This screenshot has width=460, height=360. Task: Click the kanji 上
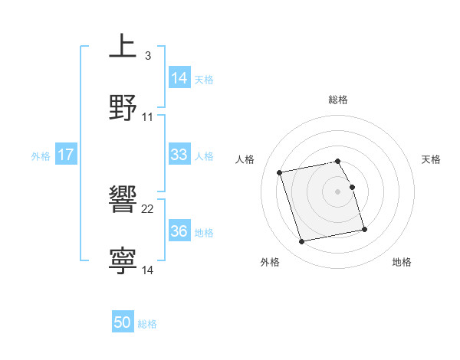(x=123, y=47)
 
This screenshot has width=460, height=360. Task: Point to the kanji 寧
(x=123, y=260)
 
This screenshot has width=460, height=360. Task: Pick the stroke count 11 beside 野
(x=148, y=117)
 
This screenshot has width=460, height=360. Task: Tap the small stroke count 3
(x=147, y=56)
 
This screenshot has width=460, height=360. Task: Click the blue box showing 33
(x=179, y=155)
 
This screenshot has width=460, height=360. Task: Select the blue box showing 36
(x=179, y=231)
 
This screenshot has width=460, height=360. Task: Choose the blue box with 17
(x=65, y=155)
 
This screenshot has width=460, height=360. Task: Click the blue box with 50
(x=123, y=323)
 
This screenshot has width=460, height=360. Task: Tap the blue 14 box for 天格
(x=179, y=78)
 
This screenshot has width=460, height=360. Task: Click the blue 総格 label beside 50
(x=147, y=324)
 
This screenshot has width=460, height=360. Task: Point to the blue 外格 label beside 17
(x=41, y=155)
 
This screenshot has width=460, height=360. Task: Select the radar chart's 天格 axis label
(x=431, y=159)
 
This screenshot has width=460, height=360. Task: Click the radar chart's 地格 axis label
(x=402, y=262)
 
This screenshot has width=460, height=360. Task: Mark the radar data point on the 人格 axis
(x=280, y=172)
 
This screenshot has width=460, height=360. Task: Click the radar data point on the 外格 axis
(x=302, y=242)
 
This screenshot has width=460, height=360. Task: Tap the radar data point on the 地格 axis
(x=364, y=229)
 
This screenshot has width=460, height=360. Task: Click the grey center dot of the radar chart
(x=338, y=191)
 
